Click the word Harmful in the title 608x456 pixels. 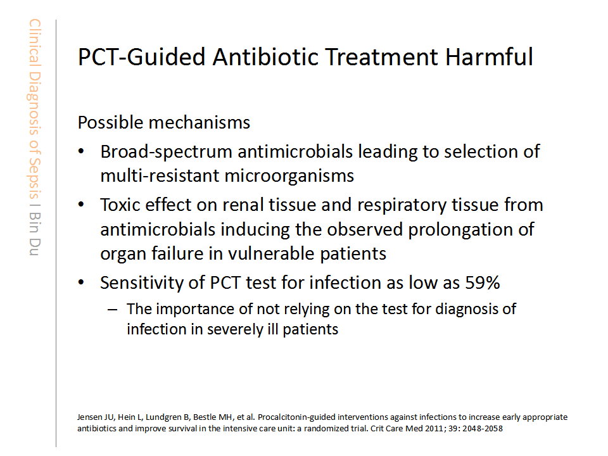point(489,56)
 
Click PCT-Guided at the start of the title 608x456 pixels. point(141,56)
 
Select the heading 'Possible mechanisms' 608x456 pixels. point(163,122)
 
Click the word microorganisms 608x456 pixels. point(289,176)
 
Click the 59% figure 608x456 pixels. point(483,282)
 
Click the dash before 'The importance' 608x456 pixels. point(113,310)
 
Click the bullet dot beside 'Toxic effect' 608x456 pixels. point(81,205)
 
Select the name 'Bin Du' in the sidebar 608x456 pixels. point(34,234)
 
